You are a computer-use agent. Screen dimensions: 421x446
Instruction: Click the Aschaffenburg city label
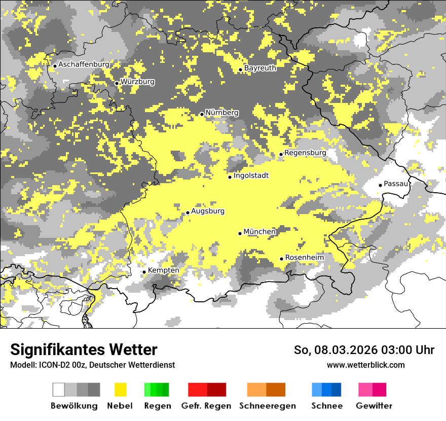pyautogui.click(x=84, y=65)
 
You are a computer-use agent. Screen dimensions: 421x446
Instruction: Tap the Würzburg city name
pyautogui.click(x=137, y=82)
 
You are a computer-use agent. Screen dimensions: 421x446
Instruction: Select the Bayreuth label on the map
pyautogui.click(x=260, y=68)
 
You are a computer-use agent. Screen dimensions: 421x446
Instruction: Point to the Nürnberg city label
pyautogui.click(x=221, y=113)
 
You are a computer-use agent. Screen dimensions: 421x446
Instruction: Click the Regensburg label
pyautogui.click(x=305, y=153)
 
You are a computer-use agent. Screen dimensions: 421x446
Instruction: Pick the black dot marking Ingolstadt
pyautogui.click(x=230, y=177)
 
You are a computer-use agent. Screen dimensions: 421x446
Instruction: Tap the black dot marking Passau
pyautogui.click(x=380, y=185)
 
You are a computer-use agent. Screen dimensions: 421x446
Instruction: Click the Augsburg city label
pyautogui.click(x=208, y=212)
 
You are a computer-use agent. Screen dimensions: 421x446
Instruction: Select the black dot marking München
pyautogui.click(x=240, y=233)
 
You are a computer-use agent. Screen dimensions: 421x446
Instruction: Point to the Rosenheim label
pyautogui.click(x=304, y=258)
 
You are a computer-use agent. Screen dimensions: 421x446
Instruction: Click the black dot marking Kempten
pyautogui.click(x=144, y=272)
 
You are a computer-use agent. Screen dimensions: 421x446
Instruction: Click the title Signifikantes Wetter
pyautogui.click(x=84, y=349)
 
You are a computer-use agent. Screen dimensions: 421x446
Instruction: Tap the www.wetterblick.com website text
pyautogui.click(x=365, y=365)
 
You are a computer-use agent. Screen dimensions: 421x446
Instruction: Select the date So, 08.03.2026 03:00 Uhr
pyautogui.click(x=364, y=350)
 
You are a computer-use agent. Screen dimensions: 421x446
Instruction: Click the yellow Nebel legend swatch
pyautogui.click(x=120, y=390)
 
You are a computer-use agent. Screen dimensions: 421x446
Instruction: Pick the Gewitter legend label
pyautogui.click(x=374, y=406)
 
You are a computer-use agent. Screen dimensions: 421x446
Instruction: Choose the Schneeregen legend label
pyautogui.click(x=268, y=406)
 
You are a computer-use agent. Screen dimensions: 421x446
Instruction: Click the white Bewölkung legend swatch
pyautogui.click(x=59, y=390)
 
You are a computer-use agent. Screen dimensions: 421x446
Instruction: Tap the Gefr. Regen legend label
pyautogui.click(x=206, y=406)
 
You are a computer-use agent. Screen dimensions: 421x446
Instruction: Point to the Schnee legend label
pyautogui.click(x=326, y=406)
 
